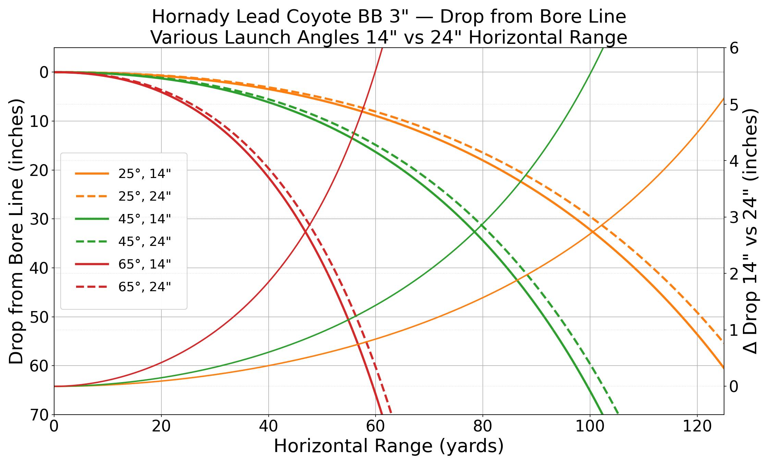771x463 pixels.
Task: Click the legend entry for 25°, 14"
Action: (123, 174)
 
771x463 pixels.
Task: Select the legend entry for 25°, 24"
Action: (123, 197)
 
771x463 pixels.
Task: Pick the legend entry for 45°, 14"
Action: (123, 219)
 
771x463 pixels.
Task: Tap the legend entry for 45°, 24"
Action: (123, 241)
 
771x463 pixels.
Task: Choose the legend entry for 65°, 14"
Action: (123, 264)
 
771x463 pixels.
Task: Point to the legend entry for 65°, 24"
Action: (123, 287)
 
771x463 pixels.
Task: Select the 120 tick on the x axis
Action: (697, 427)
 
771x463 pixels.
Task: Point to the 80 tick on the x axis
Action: (482, 427)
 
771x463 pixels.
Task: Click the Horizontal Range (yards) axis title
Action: (389, 447)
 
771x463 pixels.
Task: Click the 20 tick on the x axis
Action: (161, 427)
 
